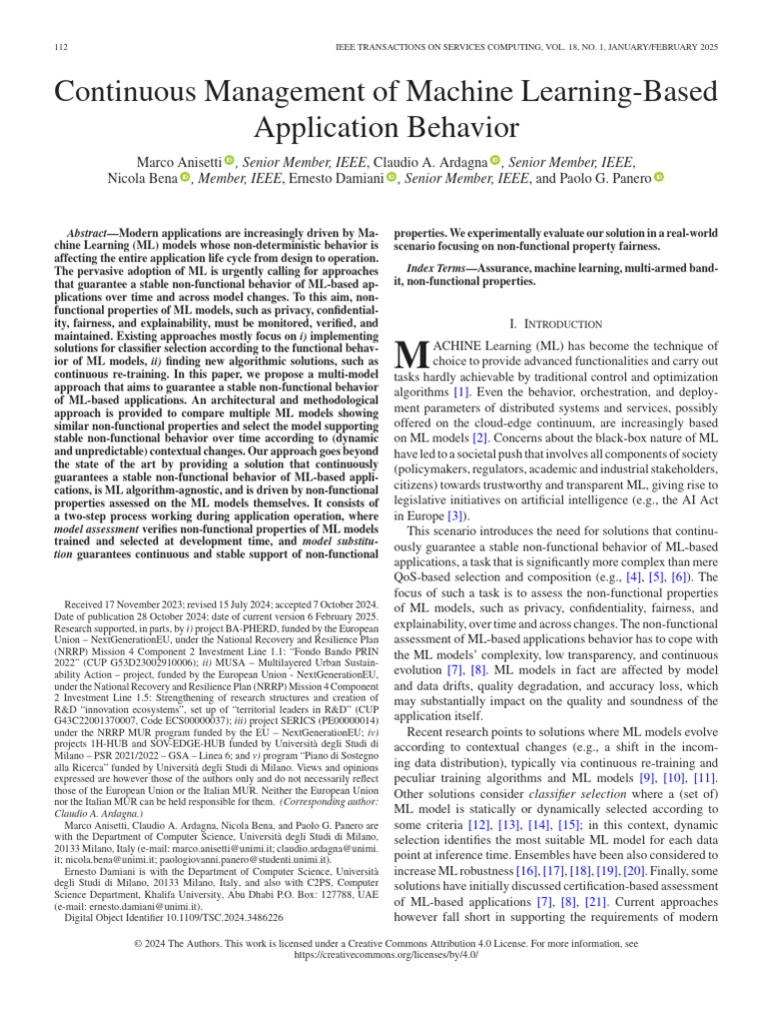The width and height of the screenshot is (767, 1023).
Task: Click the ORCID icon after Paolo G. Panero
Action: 658,179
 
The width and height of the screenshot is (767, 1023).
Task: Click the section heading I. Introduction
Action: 555,324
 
